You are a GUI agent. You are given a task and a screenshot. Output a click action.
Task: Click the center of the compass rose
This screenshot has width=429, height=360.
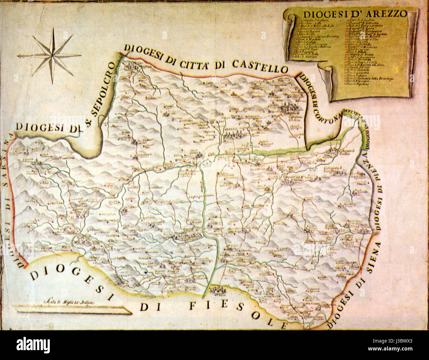[52, 56]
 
